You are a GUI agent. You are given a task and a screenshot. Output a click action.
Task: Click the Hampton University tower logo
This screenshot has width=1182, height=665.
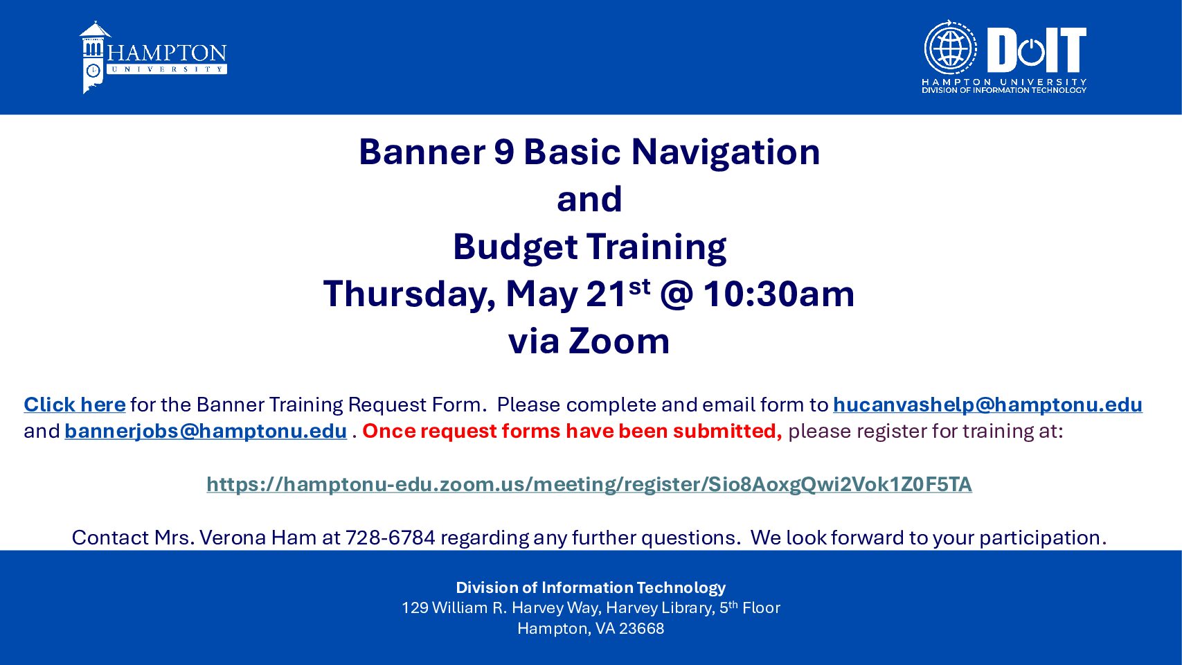(95, 57)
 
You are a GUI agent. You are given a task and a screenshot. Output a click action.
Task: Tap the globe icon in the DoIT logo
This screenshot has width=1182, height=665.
(950, 48)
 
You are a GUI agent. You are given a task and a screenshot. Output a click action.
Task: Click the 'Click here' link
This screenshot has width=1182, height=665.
(74, 405)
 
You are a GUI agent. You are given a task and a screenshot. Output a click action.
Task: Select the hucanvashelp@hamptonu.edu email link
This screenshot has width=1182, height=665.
(988, 405)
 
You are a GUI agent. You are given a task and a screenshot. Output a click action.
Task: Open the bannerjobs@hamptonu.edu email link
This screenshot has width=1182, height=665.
(206, 431)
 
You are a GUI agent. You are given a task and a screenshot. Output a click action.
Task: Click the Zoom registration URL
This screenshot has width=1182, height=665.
(589, 484)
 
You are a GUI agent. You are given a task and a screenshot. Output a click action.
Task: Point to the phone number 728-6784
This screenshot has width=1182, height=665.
(391, 538)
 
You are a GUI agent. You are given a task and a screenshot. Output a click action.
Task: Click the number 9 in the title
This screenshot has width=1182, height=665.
(504, 152)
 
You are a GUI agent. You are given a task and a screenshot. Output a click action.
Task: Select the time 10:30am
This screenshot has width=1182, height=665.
(779, 294)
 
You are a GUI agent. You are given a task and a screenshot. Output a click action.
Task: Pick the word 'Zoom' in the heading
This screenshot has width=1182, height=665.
(619, 341)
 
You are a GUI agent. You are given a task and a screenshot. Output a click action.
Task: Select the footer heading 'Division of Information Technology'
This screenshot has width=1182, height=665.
(591, 587)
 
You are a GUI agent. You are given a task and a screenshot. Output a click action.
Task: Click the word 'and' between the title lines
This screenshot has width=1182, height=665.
(589, 199)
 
